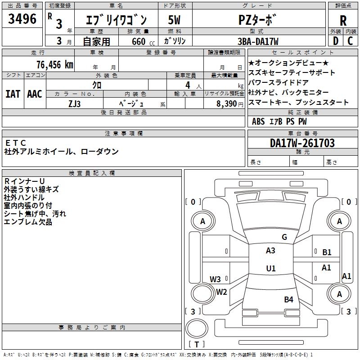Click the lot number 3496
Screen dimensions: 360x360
(x=22, y=19)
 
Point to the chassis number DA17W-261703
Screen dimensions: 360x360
(x=302, y=143)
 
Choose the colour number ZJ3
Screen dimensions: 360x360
(x=75, y=103)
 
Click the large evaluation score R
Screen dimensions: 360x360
(x=343, y=21)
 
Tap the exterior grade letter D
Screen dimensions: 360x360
(x=336, y=41)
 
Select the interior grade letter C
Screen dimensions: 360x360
(x=350, y=41)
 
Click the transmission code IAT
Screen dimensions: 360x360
(x=13, y=94)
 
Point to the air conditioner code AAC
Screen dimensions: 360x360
(x=34, y=94)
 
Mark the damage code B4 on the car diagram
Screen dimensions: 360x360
(x=288, y=299)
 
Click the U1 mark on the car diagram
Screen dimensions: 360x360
(x=270, y=269)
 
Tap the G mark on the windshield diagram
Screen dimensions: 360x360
(x=284, y=237)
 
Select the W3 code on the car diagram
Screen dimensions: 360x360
(x=215, y=279)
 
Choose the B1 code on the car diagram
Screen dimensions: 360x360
(x=327, y=252)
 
